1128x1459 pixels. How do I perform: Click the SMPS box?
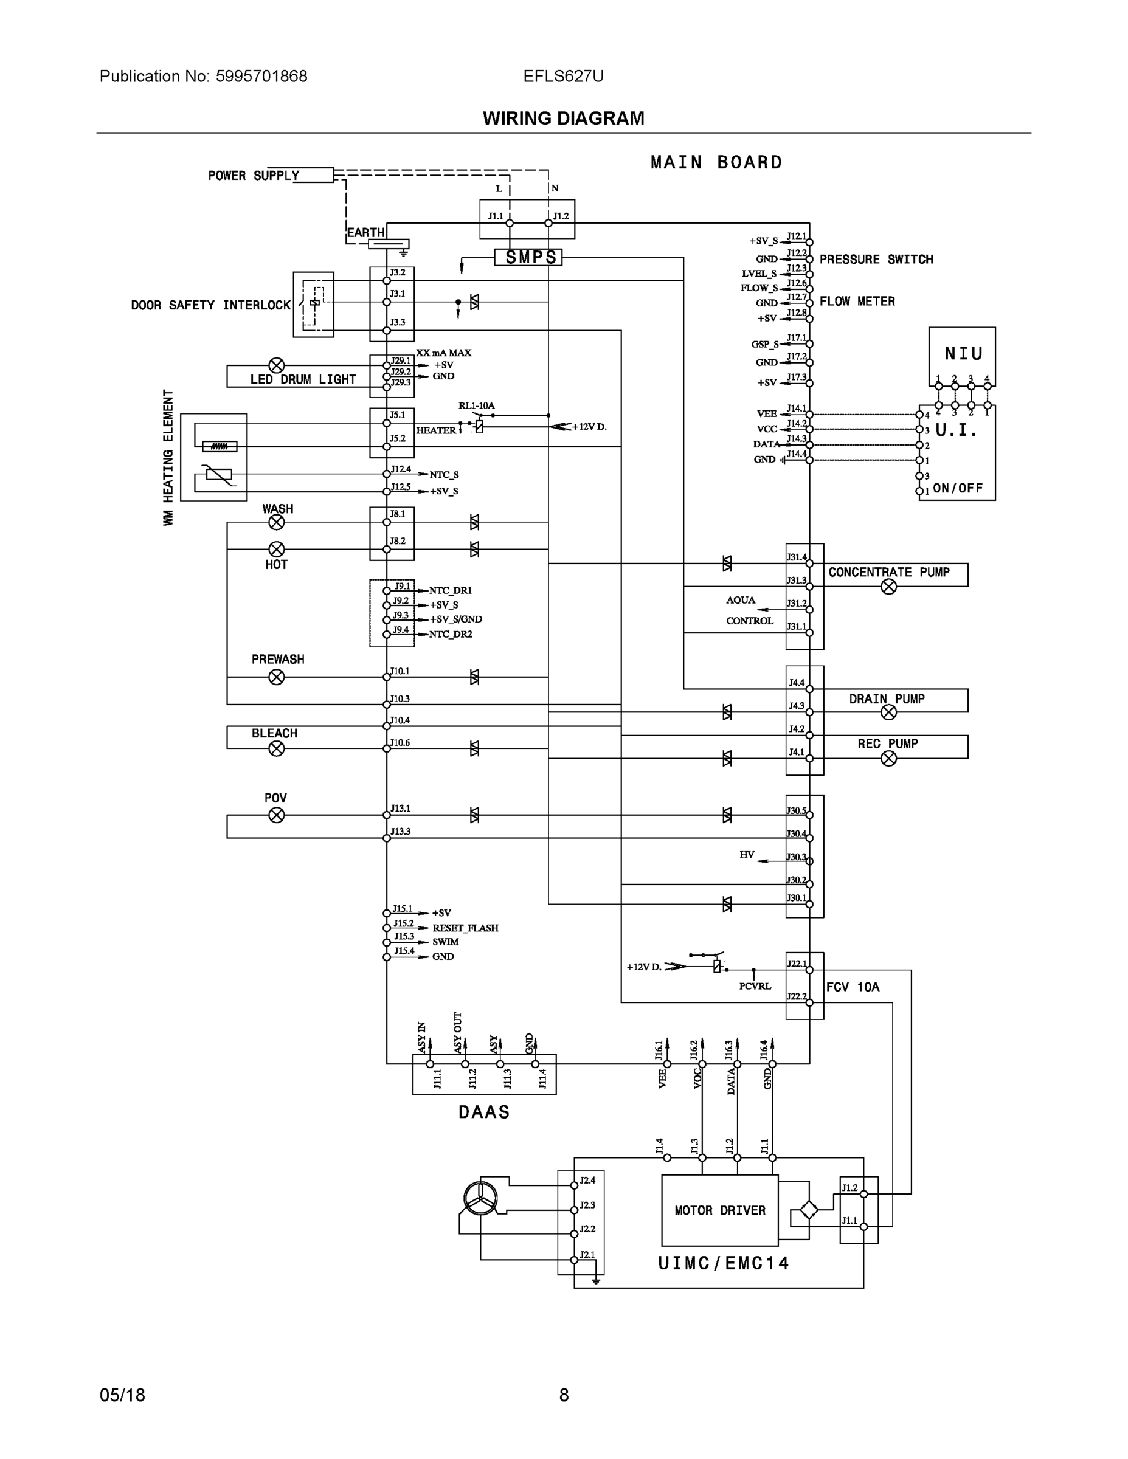(x=528, y=257)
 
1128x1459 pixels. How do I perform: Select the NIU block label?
(x=963, y=353)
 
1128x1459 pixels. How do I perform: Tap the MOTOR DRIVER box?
(x=720, y=1210)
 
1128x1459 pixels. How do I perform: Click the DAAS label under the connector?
(x=485, y=1112)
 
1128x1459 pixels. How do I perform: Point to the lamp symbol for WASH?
(x=277, y=522)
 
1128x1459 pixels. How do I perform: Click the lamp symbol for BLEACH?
(x=277, y=748)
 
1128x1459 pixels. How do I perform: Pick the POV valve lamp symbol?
(x=277, y=815)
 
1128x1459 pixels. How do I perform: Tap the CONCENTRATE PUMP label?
(x=889, y=573)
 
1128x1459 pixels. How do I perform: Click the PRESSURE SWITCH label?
(x=876, y=259)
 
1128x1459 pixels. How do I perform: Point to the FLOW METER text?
(x=857, y=302)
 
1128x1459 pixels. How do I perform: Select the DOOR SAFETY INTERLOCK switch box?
(x=313, y=304)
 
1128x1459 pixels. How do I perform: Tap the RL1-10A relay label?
(x=477, y=405)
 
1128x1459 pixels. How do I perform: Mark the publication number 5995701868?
(x=261, y=76)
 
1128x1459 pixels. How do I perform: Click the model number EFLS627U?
(x=563, y=76)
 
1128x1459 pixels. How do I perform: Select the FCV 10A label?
(x=853, y=987)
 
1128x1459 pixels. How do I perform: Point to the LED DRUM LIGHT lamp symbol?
(x=277, y=365)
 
